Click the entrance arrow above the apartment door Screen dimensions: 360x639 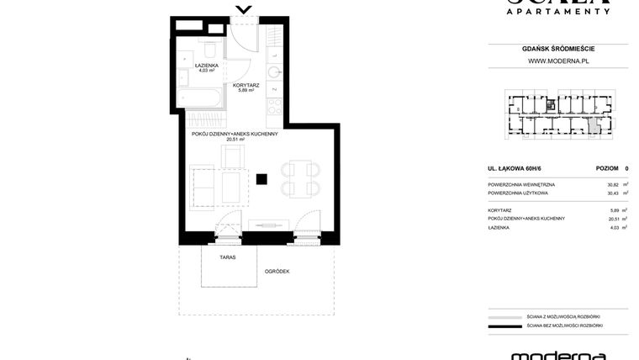pyautogui.click(x=244, y=10)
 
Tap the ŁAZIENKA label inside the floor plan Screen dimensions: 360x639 pyautogui.click(x=207, y=65)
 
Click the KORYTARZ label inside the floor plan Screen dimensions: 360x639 pyautogui.click(x=246, y=85)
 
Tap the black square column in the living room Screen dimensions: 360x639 pyautogui.click(x=262, y=178)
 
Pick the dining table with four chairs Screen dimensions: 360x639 pyautogui.click(x=300, y=179)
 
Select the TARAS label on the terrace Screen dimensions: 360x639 pyautogui.click(x=228, y=257)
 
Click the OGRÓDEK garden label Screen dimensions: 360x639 pyautogui.click(x=277, y=271)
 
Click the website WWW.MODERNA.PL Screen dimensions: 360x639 pyautogui.click(x=557, y=61)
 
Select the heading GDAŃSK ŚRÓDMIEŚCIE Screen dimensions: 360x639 pyautogui.click(x=557, y=49)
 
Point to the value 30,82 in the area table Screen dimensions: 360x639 pyautogui.click(x=613, y=184)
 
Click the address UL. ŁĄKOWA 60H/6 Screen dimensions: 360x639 pyautogui.click(x=515, y=168)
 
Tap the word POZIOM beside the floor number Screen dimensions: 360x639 pyautogui.click(x=606, y=168)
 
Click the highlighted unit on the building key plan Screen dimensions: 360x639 pyautogui.click(x=594, y=127)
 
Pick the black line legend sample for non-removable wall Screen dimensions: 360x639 pyautogui.click(x=504, y=326)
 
